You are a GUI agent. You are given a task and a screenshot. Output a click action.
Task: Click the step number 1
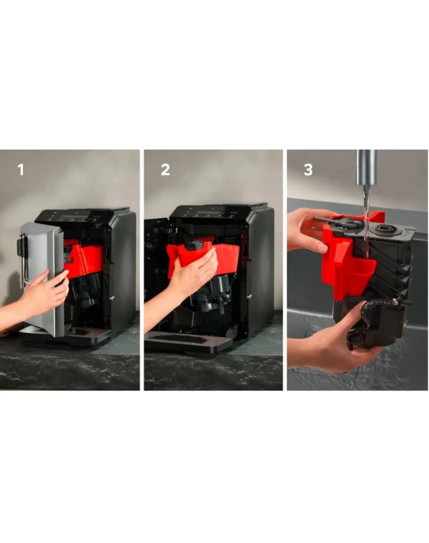click(x=21, y=170)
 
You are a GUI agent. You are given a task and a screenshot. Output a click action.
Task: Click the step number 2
click(x=165, y=170)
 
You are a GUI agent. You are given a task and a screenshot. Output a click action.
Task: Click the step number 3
click(x=308, y=170)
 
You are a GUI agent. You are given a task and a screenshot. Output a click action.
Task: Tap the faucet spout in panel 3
click(x=366, y=167)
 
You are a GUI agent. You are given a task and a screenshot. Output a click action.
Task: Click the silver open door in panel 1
click(x=42, y=277)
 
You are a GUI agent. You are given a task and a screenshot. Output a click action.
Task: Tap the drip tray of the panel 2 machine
click(x=189, y=341)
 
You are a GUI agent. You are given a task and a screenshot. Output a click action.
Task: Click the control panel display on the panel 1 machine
click(x=74, y=217)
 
